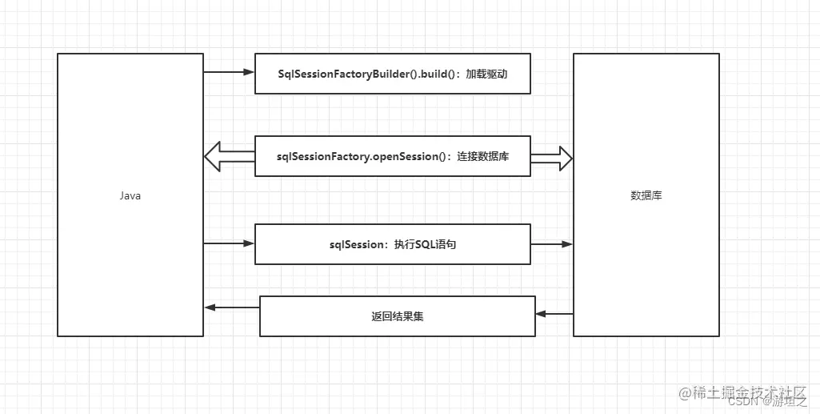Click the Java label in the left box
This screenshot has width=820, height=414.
click(x=130, y=195)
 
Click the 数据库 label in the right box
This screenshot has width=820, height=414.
click(x=646, y=195)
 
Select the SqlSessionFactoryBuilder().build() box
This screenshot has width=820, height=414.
click(x=392, y=74)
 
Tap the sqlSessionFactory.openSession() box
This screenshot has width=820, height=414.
click(x=392, y=156)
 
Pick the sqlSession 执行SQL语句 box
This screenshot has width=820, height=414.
click(x=392, y=244)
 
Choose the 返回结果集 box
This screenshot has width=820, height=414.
click(x=398, y=316)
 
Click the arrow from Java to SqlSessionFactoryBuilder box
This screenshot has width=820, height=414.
click(x=229, y=72)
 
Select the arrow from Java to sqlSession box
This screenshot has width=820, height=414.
click(x=229, y=243)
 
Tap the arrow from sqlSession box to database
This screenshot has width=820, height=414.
click(x=552, y=243)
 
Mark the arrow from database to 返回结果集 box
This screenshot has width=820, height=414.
click(x=554, y=314)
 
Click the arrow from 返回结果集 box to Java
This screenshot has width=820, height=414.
click(x=232, y=307)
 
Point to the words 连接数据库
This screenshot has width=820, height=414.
click(x=483, y=156)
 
